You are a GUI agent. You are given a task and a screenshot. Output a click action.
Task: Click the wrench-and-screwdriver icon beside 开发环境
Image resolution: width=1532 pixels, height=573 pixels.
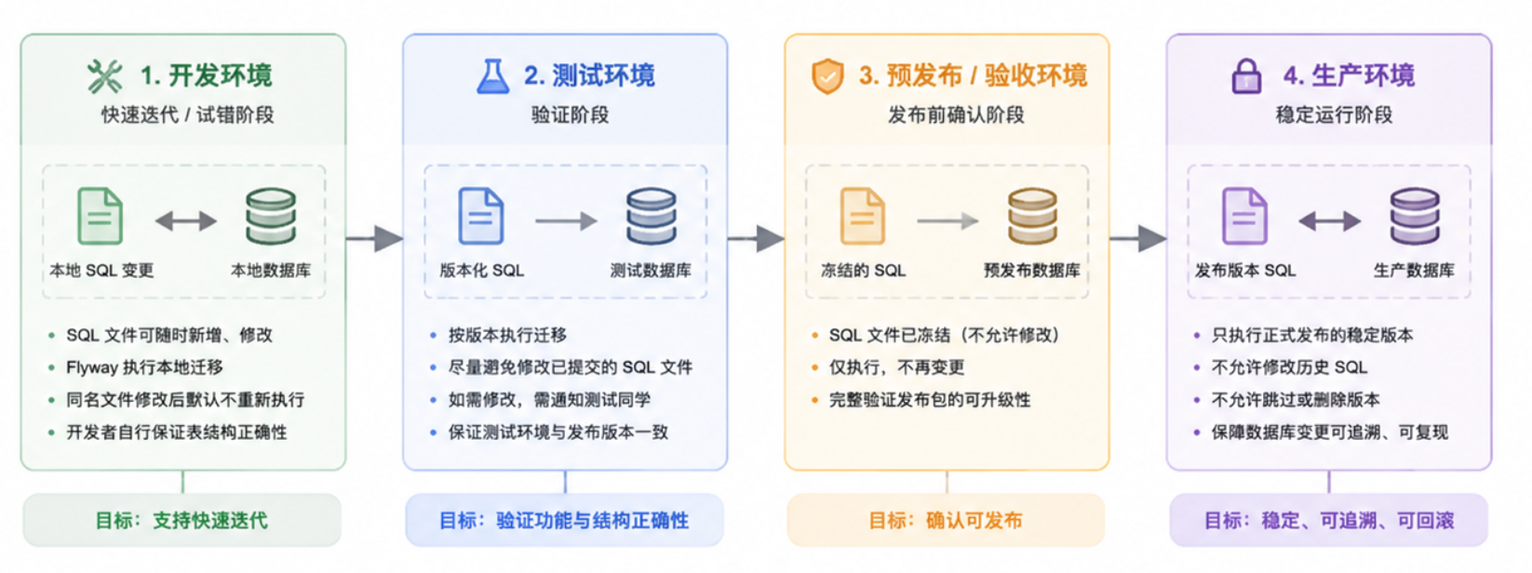point(104,76)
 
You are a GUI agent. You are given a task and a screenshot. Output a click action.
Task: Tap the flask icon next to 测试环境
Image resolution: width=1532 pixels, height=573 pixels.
point(492,76)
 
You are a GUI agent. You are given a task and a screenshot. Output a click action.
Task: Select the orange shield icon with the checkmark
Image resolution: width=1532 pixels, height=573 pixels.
point(826,76)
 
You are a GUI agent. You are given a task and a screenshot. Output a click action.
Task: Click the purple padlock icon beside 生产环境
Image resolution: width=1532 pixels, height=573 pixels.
point(1246,76)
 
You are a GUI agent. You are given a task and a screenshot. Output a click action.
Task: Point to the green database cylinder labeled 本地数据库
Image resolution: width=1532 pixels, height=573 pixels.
point(271,216)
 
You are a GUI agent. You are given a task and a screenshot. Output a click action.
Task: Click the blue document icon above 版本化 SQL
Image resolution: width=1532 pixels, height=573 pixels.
point(481,216)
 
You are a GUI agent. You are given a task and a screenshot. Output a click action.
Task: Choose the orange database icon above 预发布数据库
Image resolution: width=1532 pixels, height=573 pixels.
point(1032,216)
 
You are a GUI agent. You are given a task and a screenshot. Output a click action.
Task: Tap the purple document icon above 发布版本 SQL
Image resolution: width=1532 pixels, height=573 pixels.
point(1244,216)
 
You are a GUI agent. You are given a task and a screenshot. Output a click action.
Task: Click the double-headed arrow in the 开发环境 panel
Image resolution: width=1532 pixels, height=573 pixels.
point(186,220)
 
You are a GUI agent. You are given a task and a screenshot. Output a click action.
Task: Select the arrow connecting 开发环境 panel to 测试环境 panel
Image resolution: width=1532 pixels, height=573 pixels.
point(375,239)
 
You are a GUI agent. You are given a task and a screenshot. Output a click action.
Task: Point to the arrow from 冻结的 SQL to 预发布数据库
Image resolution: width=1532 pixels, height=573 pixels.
point(947,220)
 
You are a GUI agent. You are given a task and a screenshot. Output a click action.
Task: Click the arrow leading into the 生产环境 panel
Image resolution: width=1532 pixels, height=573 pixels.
point(1138,239)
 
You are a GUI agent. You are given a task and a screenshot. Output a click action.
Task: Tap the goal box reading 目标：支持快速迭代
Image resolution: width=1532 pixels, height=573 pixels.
point(182,520)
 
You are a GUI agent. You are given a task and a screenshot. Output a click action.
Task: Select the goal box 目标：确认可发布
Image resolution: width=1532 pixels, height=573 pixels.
point(946,520)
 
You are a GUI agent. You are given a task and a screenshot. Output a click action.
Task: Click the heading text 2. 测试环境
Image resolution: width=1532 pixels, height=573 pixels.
point(589,75)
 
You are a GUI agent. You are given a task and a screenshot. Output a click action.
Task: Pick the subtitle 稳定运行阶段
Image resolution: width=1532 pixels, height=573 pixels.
point(1334,114)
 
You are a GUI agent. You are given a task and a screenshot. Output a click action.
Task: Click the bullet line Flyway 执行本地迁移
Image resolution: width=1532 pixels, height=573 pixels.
point(145,367)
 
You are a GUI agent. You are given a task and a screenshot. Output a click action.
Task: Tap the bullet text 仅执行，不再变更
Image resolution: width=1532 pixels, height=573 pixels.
point(897,367)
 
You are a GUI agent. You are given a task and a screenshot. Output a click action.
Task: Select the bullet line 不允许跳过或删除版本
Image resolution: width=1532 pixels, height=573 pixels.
point(1296,399)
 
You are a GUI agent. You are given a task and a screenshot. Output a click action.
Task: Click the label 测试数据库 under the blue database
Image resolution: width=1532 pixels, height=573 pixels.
point(651,270)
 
